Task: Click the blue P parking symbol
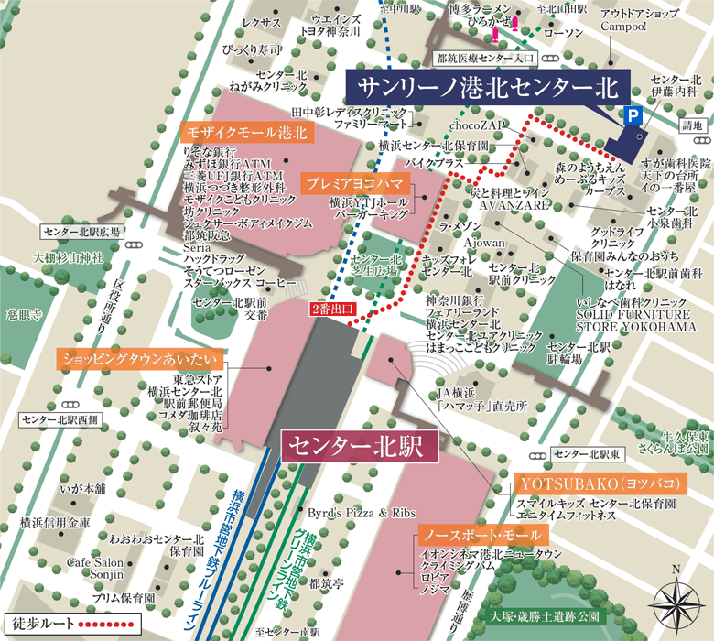tap(631, 116)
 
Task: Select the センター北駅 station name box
tap(348, 446)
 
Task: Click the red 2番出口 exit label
tap(332, 310)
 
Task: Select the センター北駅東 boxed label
tap(587, 453)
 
